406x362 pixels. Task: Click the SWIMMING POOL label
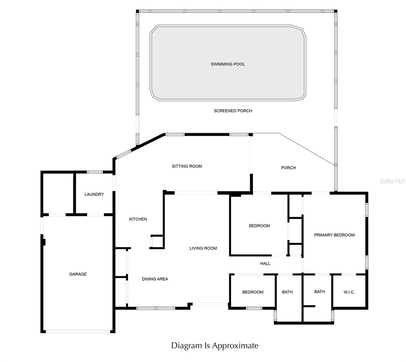[x=228, y=64]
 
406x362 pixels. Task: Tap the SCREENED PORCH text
[x=233, y=111]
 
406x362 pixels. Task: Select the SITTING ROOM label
[x=187, y=166]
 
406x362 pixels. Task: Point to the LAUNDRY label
[x=94, y=194]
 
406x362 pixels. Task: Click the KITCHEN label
[x=138, y=219]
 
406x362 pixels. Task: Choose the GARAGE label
[x=78, y=274]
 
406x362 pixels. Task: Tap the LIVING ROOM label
[x=203, y=248]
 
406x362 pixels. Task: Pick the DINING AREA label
[x=155, y=279]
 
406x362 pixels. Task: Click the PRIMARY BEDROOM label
[x=334, y=235]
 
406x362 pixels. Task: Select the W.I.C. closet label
[x=349, y=292]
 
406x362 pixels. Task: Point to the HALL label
[x=265, y=263]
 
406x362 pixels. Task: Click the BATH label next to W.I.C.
[x=319, y=292]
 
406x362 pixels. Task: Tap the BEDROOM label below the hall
[x=253, y=292]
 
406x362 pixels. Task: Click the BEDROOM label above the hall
[x=259, y=226]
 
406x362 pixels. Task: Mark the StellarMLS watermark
[x=392, y=181]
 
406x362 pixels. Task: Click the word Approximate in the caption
[x=236, y=345]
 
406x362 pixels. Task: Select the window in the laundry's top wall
[x=95, y=172]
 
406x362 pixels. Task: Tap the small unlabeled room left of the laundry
[x=58, y=193]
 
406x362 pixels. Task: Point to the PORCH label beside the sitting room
[x=288, y=168]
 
